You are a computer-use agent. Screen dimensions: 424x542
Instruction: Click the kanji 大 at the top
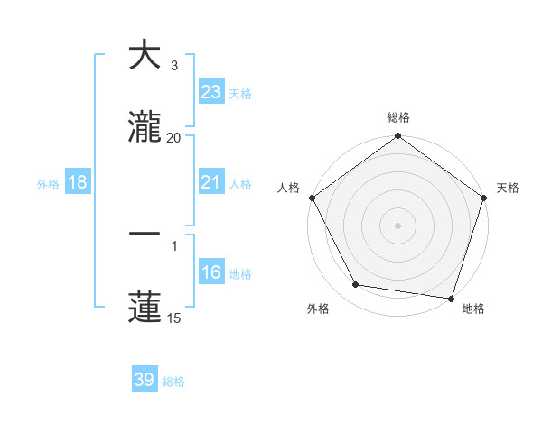tap(145, 55)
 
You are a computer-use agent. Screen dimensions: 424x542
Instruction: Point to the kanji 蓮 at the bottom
tap(145, 307)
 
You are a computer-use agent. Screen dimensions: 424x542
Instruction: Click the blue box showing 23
tap(210, 92)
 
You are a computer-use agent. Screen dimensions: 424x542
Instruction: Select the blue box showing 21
tap(210, 182)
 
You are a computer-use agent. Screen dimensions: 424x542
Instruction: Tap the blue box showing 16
tap(210, 272)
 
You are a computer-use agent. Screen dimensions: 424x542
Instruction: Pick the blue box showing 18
tap(78, 182)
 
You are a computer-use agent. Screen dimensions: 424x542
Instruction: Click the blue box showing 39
tap(145, 380)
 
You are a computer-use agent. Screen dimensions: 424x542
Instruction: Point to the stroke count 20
tap(174, 138)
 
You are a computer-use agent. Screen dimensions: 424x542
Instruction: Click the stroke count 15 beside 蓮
tap(174, 318)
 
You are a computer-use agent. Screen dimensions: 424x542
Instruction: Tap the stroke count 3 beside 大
tap(174, 66)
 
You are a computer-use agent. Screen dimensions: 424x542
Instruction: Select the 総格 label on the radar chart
tap(398, 117)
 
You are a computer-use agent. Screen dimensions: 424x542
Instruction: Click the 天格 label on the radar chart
tap(509, 188)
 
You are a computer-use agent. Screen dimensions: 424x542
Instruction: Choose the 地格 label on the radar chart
tap(473, 309)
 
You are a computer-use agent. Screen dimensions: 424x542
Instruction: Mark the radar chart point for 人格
tap(312, 198)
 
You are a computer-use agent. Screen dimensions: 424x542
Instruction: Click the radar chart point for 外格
tap(355, 285)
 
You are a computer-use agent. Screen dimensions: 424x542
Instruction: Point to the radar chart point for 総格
tap(398, 137)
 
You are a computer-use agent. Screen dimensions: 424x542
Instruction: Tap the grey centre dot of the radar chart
tap(398, 225)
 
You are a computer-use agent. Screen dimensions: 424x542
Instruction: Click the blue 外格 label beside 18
tap(48, 184)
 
